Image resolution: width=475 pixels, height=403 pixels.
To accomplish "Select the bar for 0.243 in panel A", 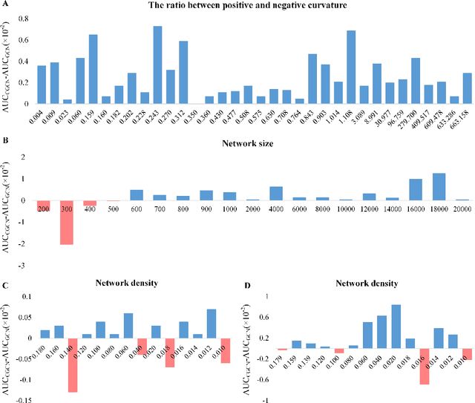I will [157, 65].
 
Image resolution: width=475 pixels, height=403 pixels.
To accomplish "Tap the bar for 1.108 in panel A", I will [351, 68].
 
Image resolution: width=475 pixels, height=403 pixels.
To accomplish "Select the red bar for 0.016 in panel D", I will [424, 366].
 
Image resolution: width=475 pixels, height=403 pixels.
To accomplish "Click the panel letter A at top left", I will [5, 5].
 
